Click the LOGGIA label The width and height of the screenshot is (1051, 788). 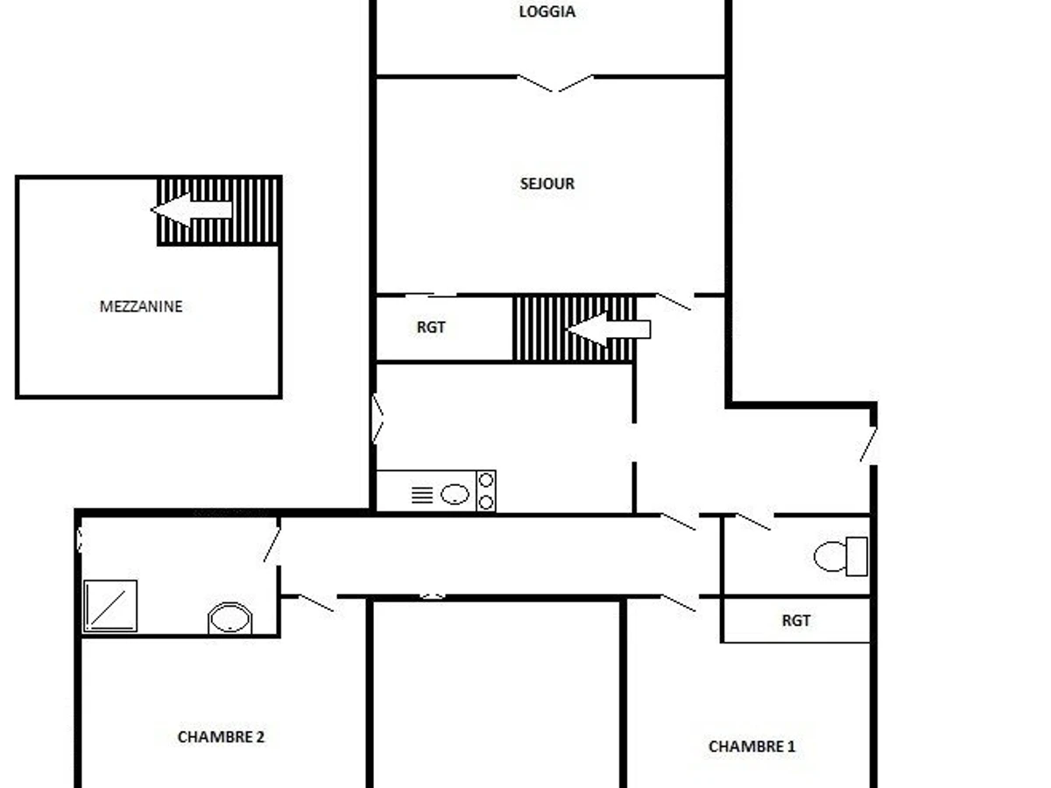(547, 12)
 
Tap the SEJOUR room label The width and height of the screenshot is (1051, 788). (547, 184)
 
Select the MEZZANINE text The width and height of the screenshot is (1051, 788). (141, 306)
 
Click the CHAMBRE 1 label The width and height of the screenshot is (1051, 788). (751, 747)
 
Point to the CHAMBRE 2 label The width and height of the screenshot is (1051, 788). (221, 737)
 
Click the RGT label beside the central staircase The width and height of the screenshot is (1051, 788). (431, 327)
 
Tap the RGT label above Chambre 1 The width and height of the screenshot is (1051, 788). (795, 621)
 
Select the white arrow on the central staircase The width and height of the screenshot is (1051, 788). (608, 329)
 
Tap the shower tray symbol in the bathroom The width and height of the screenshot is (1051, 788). (110, 606)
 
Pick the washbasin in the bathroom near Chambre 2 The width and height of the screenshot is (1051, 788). (230, 619)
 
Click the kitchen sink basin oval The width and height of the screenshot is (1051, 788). (455, 495)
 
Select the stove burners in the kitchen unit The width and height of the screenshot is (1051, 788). (486, 491)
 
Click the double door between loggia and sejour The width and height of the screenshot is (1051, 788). (554, 83)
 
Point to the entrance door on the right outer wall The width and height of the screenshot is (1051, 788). (868, 445)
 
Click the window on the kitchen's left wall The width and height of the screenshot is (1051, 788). (377, 419)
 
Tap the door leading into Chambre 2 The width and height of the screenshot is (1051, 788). (316, 602)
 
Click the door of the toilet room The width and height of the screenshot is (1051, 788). (752, 522)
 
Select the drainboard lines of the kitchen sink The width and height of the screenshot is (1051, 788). (422, 496)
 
